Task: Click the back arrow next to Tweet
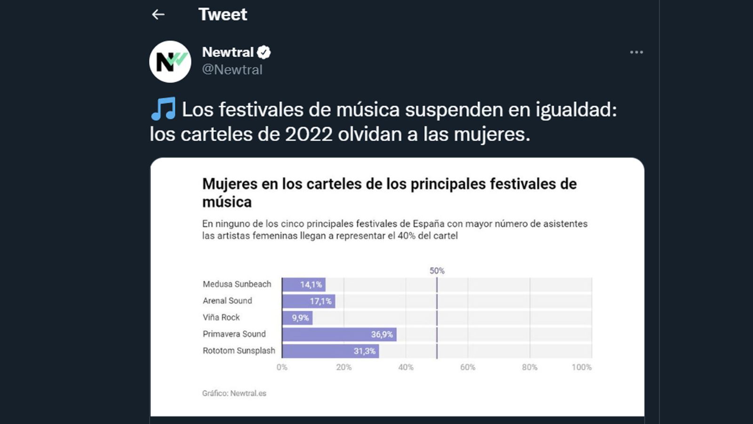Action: [158, 15]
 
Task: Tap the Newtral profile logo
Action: [170, 62]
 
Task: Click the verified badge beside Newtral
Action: [264, 52]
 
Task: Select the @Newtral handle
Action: [232, 70]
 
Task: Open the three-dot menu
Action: [636, 52]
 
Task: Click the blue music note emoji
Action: [163, 109]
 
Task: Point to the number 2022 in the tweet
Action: [309, 134]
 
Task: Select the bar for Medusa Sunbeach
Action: [304, 285]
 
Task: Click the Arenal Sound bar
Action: [309, 301]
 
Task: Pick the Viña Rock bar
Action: [297, 318]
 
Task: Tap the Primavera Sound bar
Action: [339, 334]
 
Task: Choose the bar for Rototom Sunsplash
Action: [330, 351]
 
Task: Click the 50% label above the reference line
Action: [437, 271]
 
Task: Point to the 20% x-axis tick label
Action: [344, 367]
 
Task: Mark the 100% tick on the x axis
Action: [582, 367]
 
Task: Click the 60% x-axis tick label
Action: [468, 367]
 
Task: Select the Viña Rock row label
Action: [221, 318]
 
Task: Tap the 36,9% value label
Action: [382, 334]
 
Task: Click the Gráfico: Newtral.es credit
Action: [234, 393]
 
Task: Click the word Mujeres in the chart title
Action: [230, 184]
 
